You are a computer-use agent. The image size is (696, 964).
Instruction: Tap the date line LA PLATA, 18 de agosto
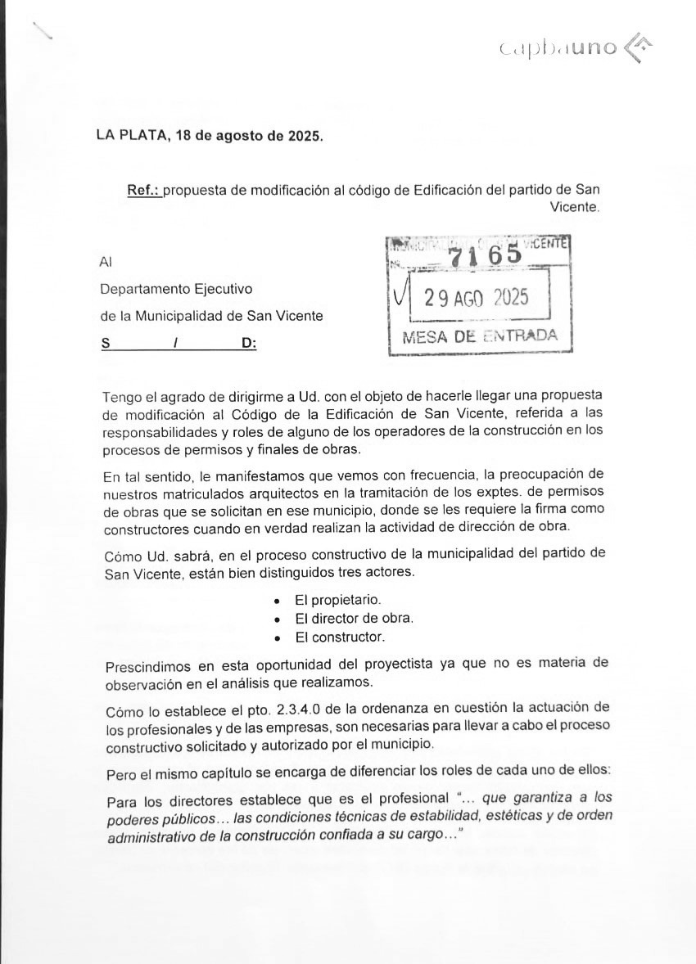pos(210,136)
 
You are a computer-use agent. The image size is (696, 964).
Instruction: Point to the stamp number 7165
pos(485,254)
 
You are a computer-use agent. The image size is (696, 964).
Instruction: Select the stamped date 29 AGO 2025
pos(476,297)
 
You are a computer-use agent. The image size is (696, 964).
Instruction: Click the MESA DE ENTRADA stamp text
pos(480,336)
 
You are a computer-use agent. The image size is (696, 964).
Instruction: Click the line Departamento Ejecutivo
pos(176,289)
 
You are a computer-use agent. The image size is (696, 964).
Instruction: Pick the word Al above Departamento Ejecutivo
pos(105,262)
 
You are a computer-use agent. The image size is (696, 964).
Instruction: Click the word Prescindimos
pos(146,664)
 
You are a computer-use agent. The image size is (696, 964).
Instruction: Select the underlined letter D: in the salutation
pos(248,344)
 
